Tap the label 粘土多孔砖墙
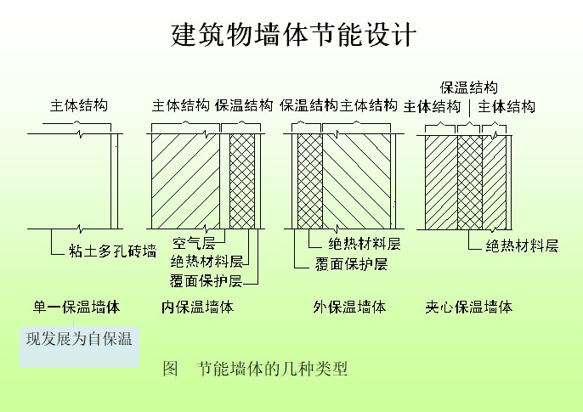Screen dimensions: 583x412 pyautogui.click(x=113, y=251)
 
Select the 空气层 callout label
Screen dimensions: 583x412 pyautogui.click(x=194, y=245)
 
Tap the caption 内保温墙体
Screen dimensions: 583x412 pyautogui.click(x=197, y=307)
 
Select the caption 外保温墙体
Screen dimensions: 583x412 pyautogui.click(x=349, y=307)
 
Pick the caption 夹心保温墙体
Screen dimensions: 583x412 pyautogui.click(x=469, y=307)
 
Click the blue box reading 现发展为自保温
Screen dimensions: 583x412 pyautogui.click(x=79, y=340)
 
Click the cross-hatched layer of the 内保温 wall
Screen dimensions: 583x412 pyautogui.click(x=243, y=180)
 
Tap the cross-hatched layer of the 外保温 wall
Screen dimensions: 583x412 pyautogui.click(x=309, y=180)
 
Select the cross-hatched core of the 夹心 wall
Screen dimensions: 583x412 pyautogui.click(x=469, y=180)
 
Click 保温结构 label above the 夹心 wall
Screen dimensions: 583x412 pyautogui.click(x=468, y=87)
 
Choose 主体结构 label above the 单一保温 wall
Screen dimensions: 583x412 pyautogui.click(x=79, y=106)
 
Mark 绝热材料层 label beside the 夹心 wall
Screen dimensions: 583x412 pyautogui.click(x=522, y=246)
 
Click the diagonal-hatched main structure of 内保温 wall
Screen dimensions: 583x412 pyautogui.click(x=185, y=180)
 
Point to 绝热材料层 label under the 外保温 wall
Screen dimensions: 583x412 pyautogui.click(x=365, y=245)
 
